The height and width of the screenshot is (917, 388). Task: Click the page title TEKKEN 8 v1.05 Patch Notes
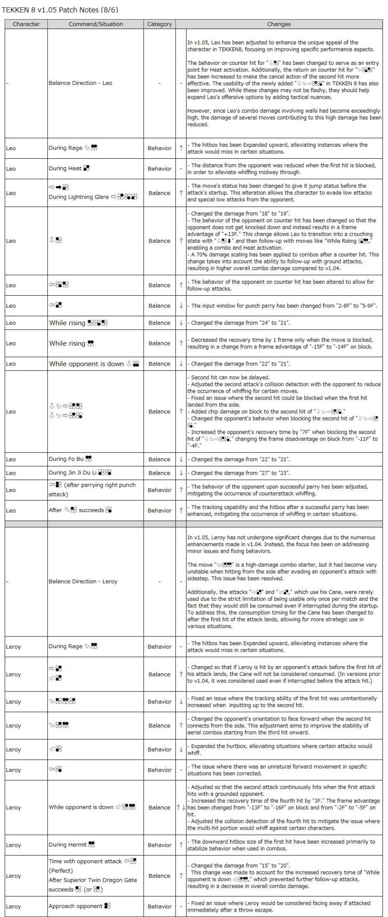pyautogui.click(x=60, y=9)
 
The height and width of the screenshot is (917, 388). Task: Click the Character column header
pyautogui.click(x=26, y=24)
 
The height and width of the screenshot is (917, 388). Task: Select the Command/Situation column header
pyautogui.click(x=95, y=24)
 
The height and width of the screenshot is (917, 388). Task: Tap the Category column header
pyautogui.click(x=159, y=24)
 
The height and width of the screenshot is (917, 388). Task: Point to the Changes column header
pyautogui.click(x=278, y=24)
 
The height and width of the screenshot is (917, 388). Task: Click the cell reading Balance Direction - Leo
pyautogui.click(x=81, y=83)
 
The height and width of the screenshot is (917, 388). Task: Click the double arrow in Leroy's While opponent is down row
pyautogui.click(x=181, y=807)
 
